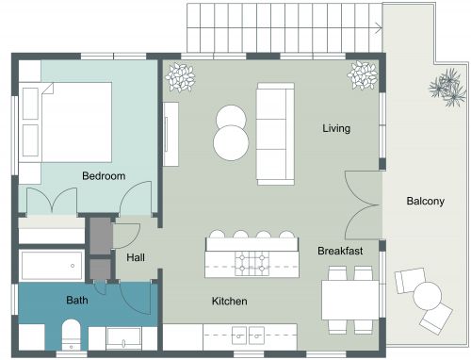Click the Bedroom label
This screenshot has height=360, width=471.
tap(104, 175)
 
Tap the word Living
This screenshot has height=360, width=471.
tap(336, 128)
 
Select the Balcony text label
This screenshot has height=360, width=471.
tap(426, 201)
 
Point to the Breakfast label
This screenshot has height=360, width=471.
tap(340, 251)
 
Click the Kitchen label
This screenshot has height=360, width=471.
tap(229, 302)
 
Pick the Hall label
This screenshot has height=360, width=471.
tap(135, 254)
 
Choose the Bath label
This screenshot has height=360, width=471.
tap(77, 301)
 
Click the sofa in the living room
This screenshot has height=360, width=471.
tap(276, 133)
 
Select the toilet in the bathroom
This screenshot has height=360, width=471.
tap(70, 334)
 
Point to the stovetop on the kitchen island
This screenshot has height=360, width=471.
tap(252, 264)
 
